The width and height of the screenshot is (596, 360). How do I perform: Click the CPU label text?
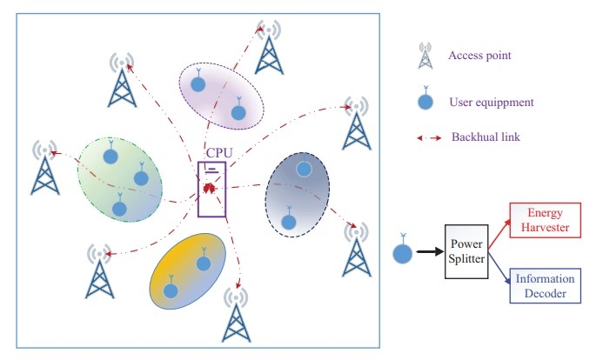pyautogui.click(x=218, y=153)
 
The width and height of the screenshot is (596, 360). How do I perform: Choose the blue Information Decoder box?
pyautogui.click(x=546, y=286)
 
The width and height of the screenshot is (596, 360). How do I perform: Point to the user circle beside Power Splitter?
pyautogui.click(x=402, y=255)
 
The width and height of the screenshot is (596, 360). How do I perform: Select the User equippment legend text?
pyautogui.click(x=492, y=103)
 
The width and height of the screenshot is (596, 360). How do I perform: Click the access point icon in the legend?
pyautogui.click(x=425, y=56)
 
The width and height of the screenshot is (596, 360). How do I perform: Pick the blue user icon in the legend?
pyautogui.click(x=425, y=100)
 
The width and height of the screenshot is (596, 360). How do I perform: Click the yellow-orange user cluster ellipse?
pyautogui.click(x=188, y=270)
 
